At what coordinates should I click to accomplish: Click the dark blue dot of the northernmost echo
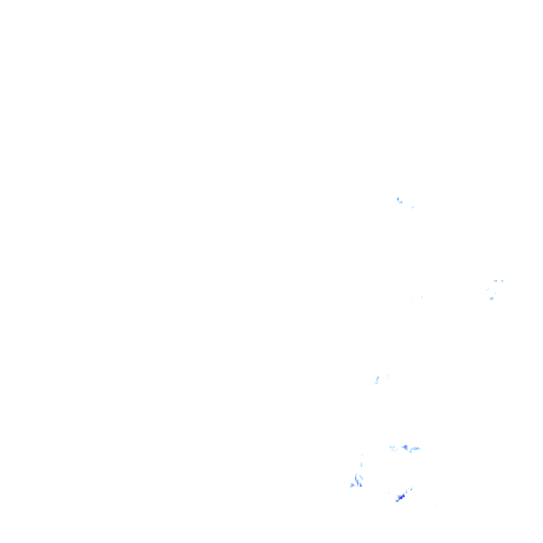[x=398, y=199]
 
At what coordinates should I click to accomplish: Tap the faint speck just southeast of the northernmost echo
[x=412, y=206]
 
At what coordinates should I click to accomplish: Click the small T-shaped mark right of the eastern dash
[x=502, y=281]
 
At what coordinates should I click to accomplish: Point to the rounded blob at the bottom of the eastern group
[x=491, y=298]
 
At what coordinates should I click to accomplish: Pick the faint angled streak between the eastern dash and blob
[x=488, y=289]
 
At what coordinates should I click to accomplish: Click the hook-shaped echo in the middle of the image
[x=378, y=379]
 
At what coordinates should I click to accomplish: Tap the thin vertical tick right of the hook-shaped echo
[x=387, y=375]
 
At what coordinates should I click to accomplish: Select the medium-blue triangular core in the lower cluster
[x=405, y=447]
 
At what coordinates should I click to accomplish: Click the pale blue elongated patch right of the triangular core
[x=415, y=448]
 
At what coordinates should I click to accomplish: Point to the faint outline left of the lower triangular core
[x=392, y=447]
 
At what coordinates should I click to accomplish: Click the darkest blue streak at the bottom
[x=402, y=496]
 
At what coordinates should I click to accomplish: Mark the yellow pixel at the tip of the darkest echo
[x=397, y=501]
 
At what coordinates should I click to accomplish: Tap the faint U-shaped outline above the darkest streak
[x=410, y=489]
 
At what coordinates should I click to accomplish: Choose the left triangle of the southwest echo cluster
[x=352, y=485]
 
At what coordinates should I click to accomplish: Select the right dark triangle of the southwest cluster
[x=360, y=484]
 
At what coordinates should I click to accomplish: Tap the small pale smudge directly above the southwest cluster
[x=361, y=465]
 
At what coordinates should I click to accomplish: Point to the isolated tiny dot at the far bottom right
[x=434, y=505]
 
